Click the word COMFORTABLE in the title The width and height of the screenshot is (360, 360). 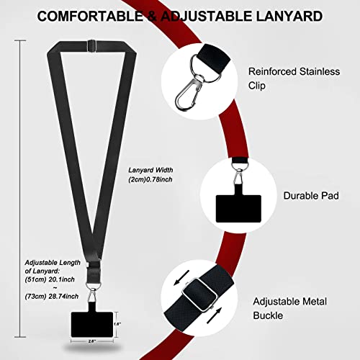tap(90, 17)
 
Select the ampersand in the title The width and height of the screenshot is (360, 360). tap(152, 17)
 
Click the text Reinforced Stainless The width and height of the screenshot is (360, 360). tap(294, 71)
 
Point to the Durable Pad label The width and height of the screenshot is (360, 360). tap(311, 196)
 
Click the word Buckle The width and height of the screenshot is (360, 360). tap(268, 315)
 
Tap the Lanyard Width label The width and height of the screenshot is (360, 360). tap(150, 170)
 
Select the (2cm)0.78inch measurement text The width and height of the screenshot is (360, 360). tap(150, 179)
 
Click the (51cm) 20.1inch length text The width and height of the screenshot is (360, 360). tap(50, 279)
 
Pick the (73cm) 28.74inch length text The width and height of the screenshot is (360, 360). tap(52, 297)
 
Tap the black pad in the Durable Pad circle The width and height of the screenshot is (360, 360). tap(238, 208)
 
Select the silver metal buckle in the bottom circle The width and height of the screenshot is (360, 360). tap(199, 294)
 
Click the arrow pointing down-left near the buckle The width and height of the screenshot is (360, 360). tap(181, 278)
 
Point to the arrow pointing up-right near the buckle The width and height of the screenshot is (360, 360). tap(214, 316)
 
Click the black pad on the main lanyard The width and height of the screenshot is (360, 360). tap(92, 325)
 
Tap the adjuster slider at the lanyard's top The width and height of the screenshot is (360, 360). tap(92, 45)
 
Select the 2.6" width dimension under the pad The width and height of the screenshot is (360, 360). tap(92, 341)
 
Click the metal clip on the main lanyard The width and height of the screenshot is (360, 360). tap(93, 293)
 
